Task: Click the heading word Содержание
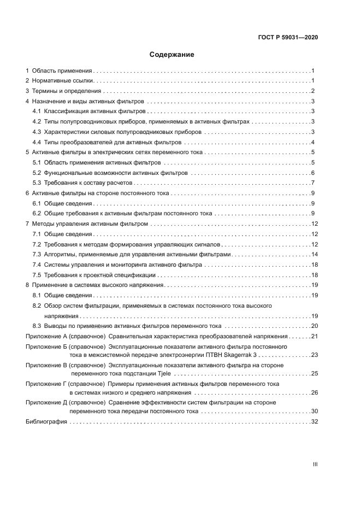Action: pyautogui.click(x=172, y=55)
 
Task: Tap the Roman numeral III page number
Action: pyautogui.click(x=315, y=464)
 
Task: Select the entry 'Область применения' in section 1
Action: pyautogui.click(x=62, y=71)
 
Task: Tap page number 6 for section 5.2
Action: pyautogui.click(x=312, y=173)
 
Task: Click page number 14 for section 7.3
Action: pyautogui.click(x=314, y=255)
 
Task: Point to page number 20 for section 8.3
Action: pyautogui.click(x=314, y=326)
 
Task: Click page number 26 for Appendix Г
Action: pyautogui.click(x=314, y=392)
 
